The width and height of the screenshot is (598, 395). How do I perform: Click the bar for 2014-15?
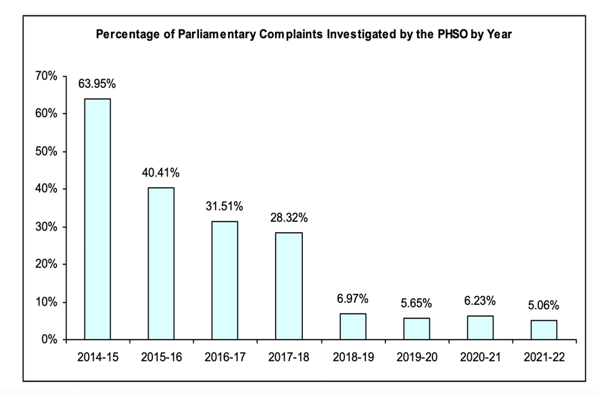[97, 219]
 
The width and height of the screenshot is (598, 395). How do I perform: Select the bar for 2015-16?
[161, 263]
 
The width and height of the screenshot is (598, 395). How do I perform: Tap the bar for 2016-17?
[225, 280]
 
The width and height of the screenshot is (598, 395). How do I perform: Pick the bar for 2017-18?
[288, 286]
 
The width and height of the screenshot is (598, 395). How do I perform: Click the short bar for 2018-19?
[353, 326]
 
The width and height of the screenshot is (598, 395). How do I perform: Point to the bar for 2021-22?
[544, 330]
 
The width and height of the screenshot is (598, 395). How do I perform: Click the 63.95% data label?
[98, 85]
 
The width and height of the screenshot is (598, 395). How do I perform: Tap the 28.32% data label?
[289, 218]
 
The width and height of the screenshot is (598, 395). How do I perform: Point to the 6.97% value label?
[353, 299]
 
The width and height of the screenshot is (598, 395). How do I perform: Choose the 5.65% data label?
[416, 303]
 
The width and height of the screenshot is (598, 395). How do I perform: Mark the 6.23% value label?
[480, 301]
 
